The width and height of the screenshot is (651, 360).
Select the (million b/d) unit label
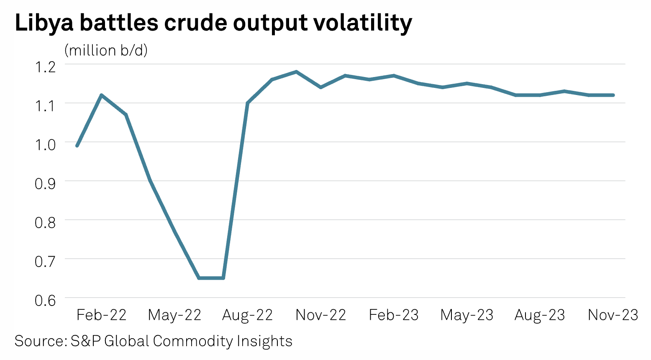click(106, 50)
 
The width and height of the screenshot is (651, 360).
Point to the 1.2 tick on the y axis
click(45, 67)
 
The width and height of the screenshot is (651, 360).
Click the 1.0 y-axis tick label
click(45, 145)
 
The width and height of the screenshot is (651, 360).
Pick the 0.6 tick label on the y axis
click(45, 301)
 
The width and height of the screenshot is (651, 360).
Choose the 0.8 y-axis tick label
click(45, 223)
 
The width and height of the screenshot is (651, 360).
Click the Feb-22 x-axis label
click(101, 315)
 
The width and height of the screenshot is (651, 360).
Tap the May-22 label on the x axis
click(174, 315)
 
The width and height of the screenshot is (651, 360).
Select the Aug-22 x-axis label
click(247, 315)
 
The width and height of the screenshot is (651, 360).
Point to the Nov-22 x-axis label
click(321, 315)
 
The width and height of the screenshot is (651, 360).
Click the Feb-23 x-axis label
click(394, 315)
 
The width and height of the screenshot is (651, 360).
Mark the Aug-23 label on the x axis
click(540, 315)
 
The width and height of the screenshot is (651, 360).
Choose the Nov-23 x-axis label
click(613, 315)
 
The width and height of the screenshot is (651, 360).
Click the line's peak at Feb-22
click(101, 95)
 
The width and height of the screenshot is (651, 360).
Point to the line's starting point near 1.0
click(77, 146)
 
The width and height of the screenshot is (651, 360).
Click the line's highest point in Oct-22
click(296, 72)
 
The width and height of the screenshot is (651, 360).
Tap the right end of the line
click(613, 95)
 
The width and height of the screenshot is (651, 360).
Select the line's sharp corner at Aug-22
click(248, 103)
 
